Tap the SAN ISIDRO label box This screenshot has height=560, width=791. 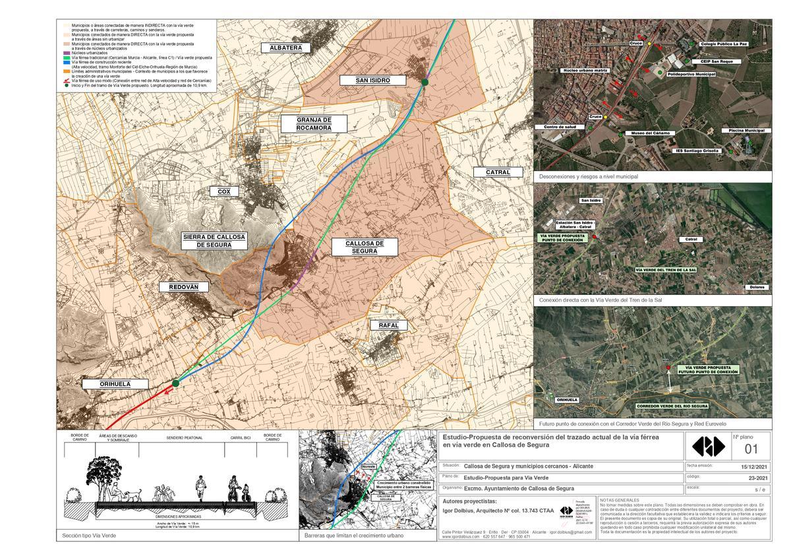pyautogui.click(x=373, y=80)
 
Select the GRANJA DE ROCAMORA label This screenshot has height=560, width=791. pyautogui.click(x=313, y=123)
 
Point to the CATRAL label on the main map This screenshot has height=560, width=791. pyautogui.click(x=498, y=172)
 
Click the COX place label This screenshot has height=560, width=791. pyautogui.click(x=223, y=191)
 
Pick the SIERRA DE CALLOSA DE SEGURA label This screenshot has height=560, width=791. pyautogui.click(x=214, y=241)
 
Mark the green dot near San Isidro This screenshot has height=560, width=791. pyautogui.click(x=425, y=82)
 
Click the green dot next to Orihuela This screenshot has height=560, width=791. pyautogui.click(x=175, y=383)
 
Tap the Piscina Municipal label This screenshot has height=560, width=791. pyautogui.click(x=746, y=131)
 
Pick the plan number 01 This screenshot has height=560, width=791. pyautogui.click(x=751, y=449)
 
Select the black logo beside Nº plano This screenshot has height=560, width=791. pyautogui.click(x=707, y=447)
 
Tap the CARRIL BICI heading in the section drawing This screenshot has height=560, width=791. pyautogui.click(x=240, y=438)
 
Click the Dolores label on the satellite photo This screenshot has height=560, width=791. pyautogui.click(x=756, y=287)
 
